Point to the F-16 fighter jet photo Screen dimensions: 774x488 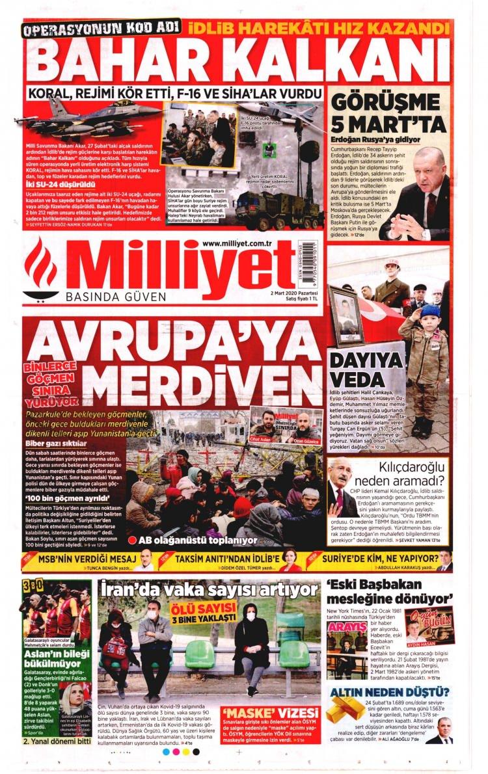(x=88, y=114)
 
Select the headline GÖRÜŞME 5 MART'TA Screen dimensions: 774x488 (x=388, y=111)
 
